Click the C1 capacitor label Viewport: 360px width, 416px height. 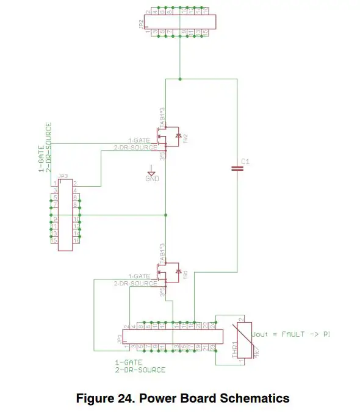coord(246,161)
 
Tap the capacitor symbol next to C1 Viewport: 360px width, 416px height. coord(236,169)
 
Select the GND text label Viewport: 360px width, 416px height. coord(152,178)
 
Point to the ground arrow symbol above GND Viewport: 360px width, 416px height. coord(152,170)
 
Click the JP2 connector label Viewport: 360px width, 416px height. coord(141,24)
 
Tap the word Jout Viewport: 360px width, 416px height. coord(260,334)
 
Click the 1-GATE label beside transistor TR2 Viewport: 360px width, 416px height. coord(139,140)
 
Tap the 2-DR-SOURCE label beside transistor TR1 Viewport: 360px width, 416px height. coord(135,283)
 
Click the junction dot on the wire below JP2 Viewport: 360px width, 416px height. coord(180,79)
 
